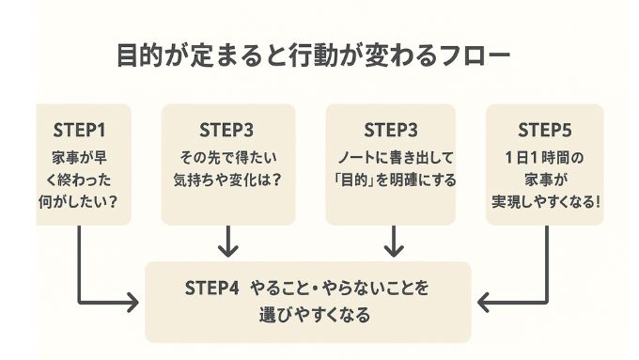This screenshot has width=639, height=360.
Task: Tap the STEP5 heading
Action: [x=544, y=129]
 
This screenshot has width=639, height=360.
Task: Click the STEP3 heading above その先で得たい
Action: [x=226, y=129]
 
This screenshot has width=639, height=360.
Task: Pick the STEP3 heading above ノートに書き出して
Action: [x=390, y=129]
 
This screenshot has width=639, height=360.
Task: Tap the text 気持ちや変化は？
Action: [x=226, y=179]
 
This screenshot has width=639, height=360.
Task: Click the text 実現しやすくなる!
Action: [x=544, y=201]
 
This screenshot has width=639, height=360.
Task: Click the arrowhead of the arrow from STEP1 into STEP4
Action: [x=134, y=303]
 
